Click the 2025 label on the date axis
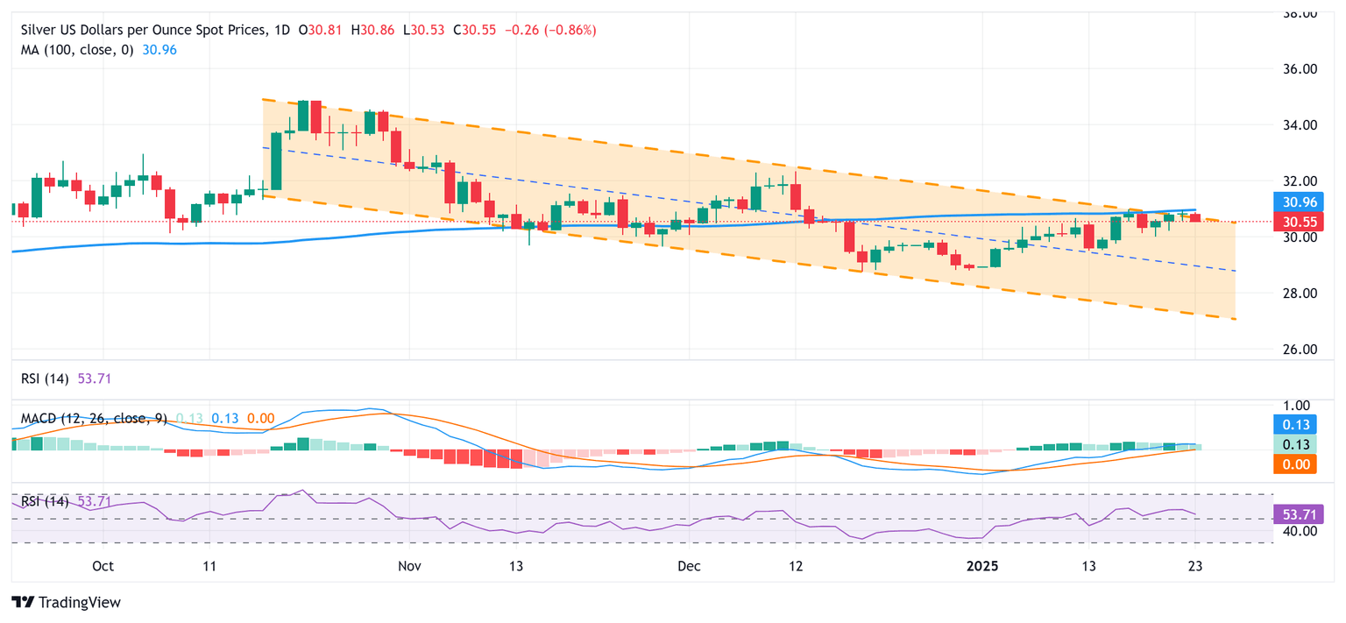click(982, 566)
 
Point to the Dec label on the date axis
click(689, 566)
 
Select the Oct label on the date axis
click(103, 566)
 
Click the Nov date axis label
click(409, 566)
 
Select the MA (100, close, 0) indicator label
click(77, 50)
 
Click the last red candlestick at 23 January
click(1195, 217)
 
